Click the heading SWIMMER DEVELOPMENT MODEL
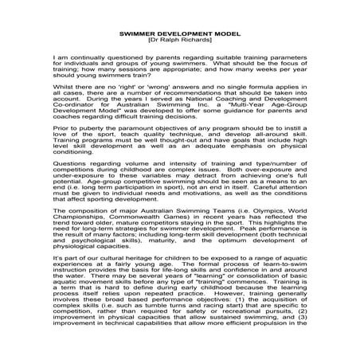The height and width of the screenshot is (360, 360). coord(179,34)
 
